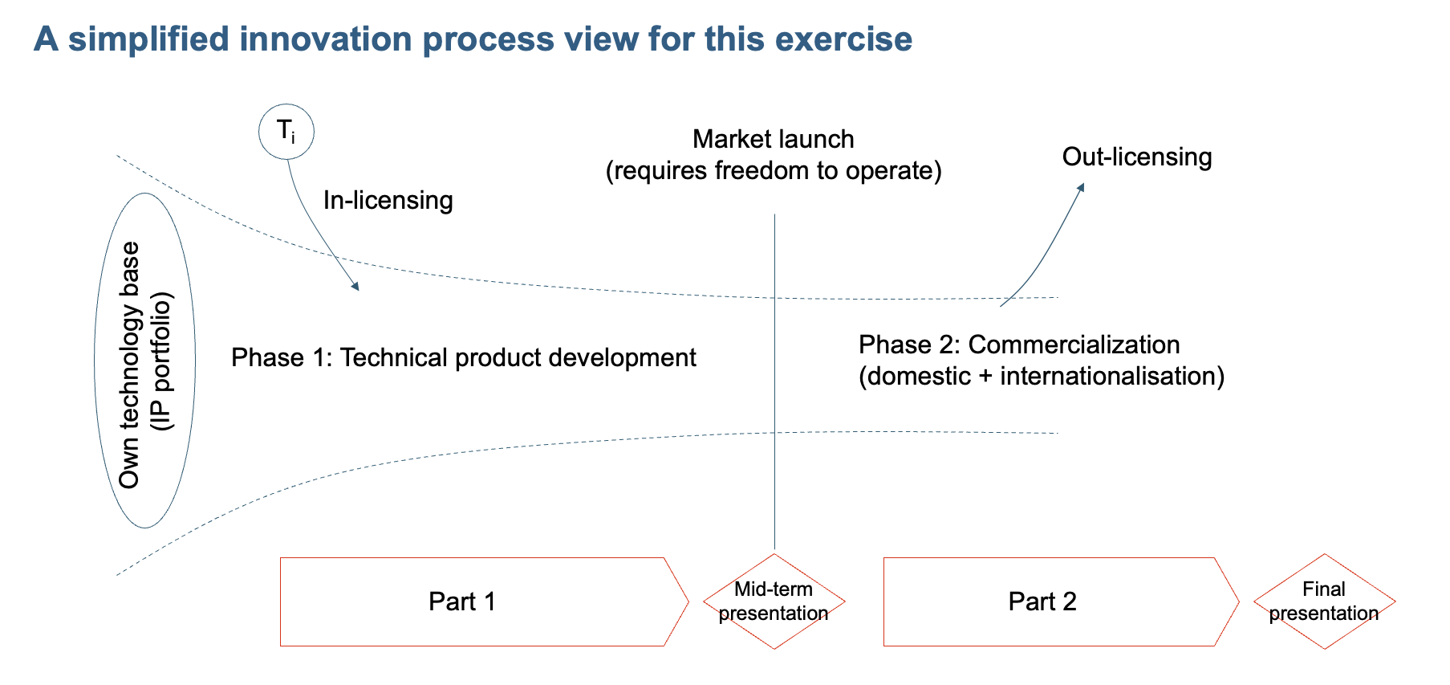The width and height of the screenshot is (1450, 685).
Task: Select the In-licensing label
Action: tap(388, 200)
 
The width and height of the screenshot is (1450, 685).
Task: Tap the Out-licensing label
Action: tap(1137, 157)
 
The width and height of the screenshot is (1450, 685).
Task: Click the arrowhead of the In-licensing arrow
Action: tap(354, 285)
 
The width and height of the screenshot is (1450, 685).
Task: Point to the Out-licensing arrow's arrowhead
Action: tap(1080, 187)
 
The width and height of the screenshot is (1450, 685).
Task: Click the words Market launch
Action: tap(774, 139)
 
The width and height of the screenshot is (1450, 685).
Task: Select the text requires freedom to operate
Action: tap(774, 171)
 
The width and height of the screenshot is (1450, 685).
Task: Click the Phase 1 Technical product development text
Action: tap(464, 357)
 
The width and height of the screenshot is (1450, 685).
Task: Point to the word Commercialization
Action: tap(1074, 345)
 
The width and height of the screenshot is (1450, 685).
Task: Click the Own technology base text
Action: tap(129, 365)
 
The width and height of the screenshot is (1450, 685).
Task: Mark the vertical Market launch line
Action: tap(774, 381)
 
